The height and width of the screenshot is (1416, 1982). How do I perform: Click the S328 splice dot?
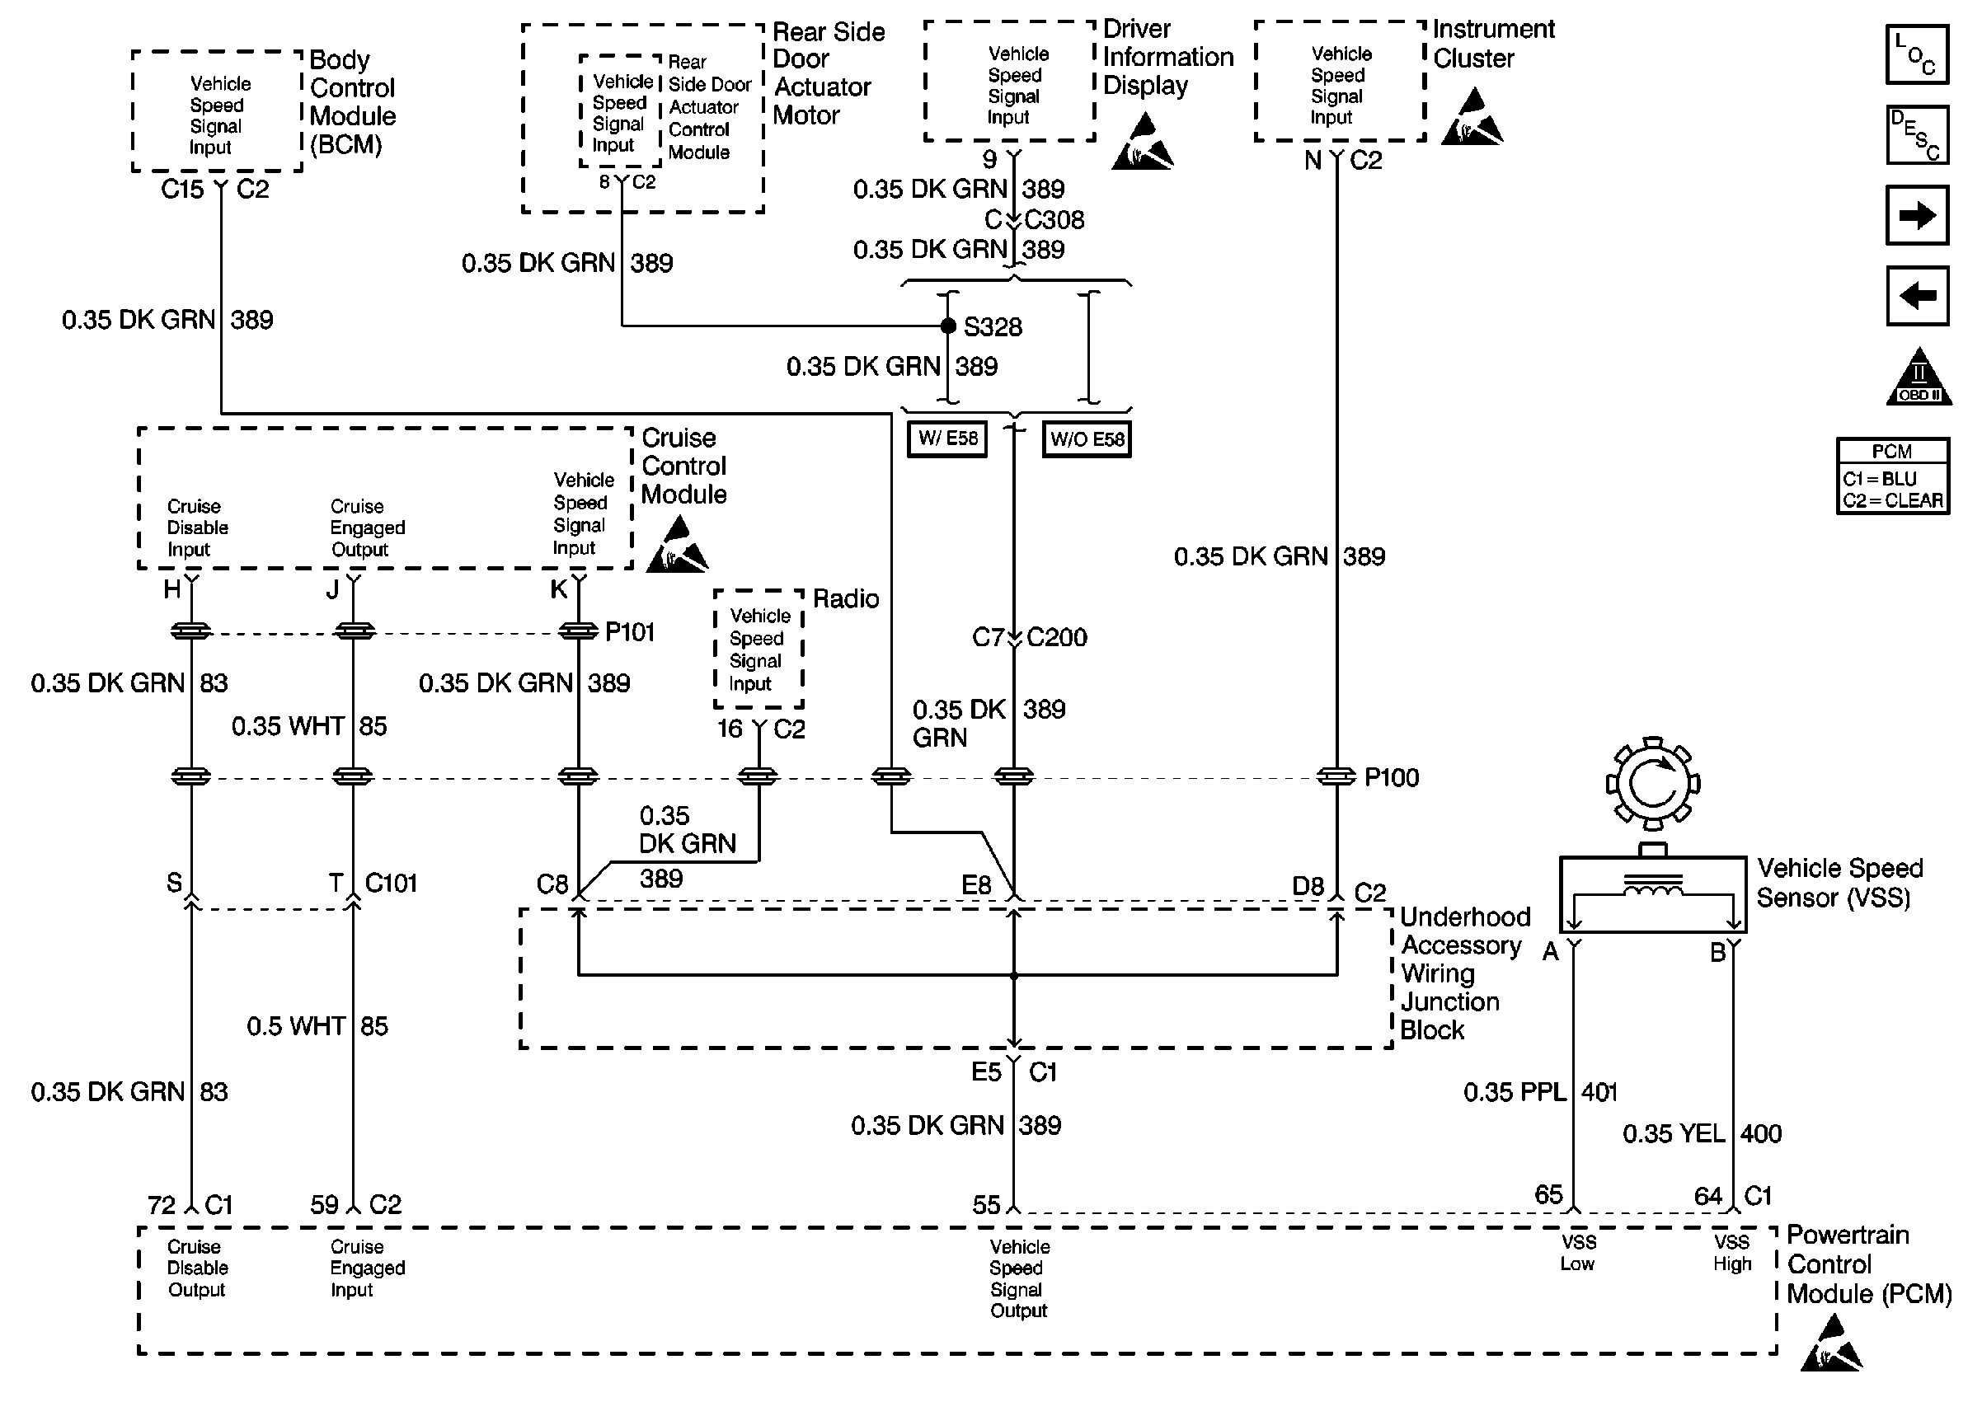pos(948,326)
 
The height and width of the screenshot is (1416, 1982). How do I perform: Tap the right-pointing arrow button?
pos(1917,214)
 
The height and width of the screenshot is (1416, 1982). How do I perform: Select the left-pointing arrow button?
pos(1917,296)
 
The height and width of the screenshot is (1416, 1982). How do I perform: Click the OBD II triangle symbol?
pos(1919,377)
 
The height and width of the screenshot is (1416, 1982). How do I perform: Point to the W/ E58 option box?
pos(947,438)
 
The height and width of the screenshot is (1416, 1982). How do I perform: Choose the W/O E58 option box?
pos(1087,439)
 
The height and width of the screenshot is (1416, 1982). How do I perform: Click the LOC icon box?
pos(1917,54)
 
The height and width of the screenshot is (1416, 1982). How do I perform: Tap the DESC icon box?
pos(1917,135)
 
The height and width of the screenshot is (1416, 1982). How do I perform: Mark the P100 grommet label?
pos(1391,777)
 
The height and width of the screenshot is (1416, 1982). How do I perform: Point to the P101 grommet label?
pos(630,631)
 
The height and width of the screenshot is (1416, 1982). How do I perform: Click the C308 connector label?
pos(1054,220)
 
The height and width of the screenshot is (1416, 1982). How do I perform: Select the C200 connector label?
pos(1057,637)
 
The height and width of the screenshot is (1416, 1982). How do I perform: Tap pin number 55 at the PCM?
pos(986,1204)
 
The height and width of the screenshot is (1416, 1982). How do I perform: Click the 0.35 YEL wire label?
pos(1674,1133)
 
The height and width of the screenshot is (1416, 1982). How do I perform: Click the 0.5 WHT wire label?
pos(296,1025)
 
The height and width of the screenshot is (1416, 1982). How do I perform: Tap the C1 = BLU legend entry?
pos(1879,479)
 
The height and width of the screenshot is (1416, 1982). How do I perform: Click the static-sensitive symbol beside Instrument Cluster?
pos(1472,116)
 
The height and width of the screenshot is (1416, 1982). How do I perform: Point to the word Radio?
pos(846,598)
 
